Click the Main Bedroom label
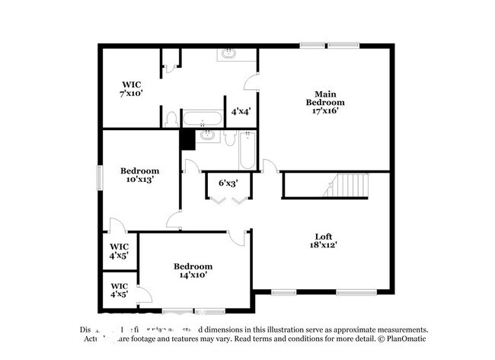[x=325, y=102]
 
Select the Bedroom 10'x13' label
[x=140, y=175]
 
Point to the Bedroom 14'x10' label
[x=193, y=270]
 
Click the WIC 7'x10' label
[x=130, y=88]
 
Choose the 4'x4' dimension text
[x=240, y=111]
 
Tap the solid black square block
[x=187, y=139]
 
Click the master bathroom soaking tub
[x=203, y=119]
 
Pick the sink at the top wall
[x=229, y=54]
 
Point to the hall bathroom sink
[x=207, y=137]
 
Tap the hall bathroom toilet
[x=230, y=138]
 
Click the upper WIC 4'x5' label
[x=119, y=251]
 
